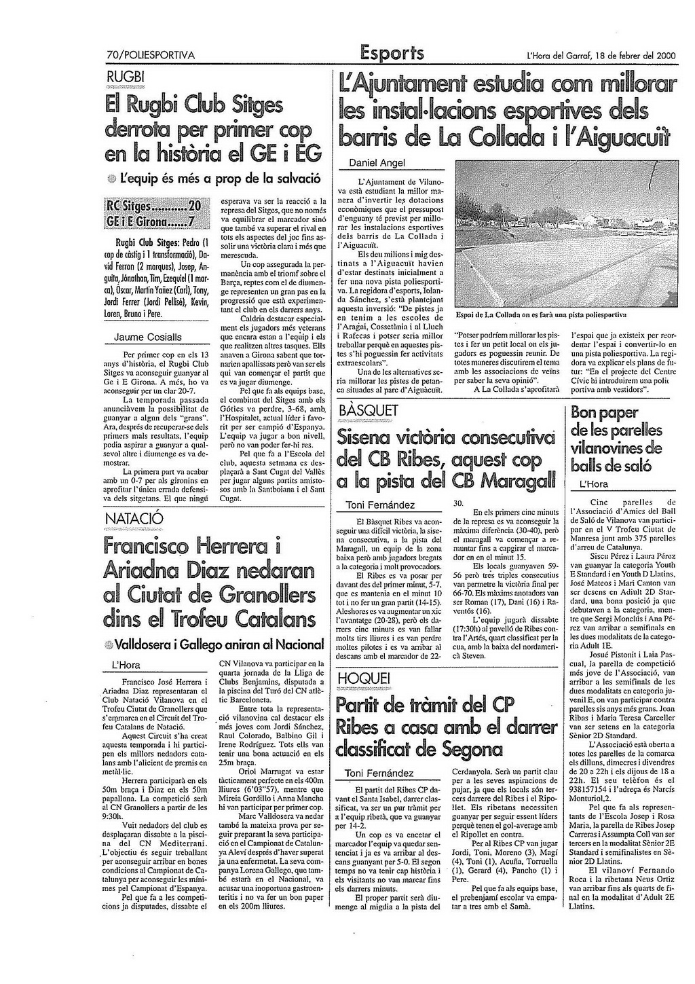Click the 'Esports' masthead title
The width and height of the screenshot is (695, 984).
pos(392,54)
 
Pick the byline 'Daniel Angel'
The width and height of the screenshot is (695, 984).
pos(377,163)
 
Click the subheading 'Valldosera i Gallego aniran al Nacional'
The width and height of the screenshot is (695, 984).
pos(219,644)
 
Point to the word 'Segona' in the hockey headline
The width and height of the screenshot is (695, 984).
pos(469,749)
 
